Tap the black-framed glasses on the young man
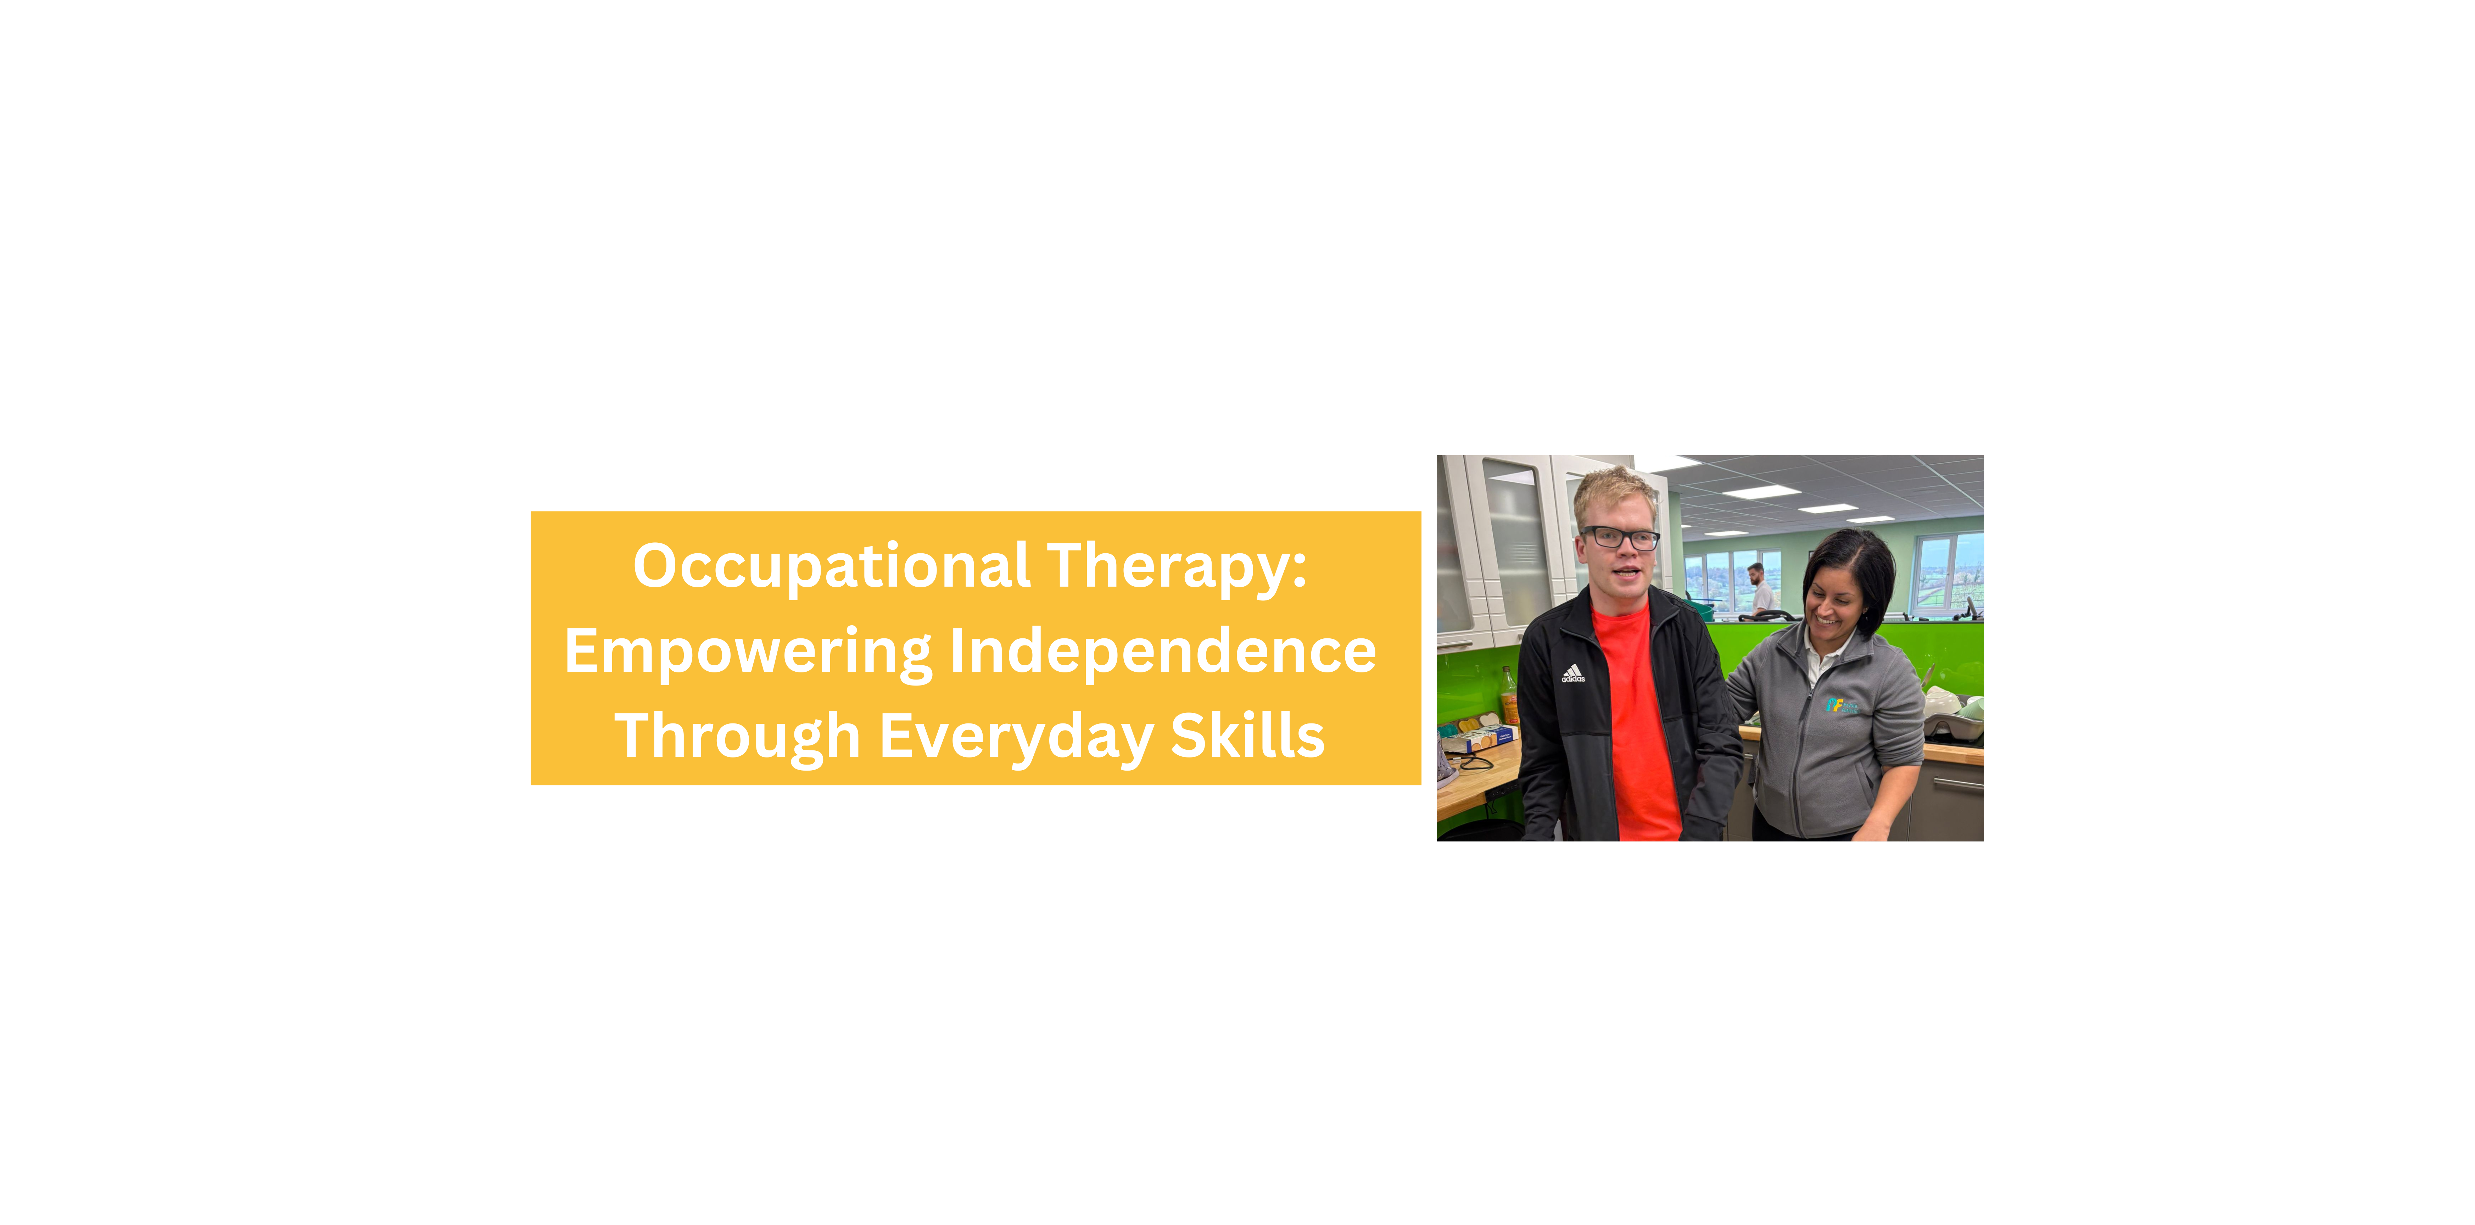(1620, 538)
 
